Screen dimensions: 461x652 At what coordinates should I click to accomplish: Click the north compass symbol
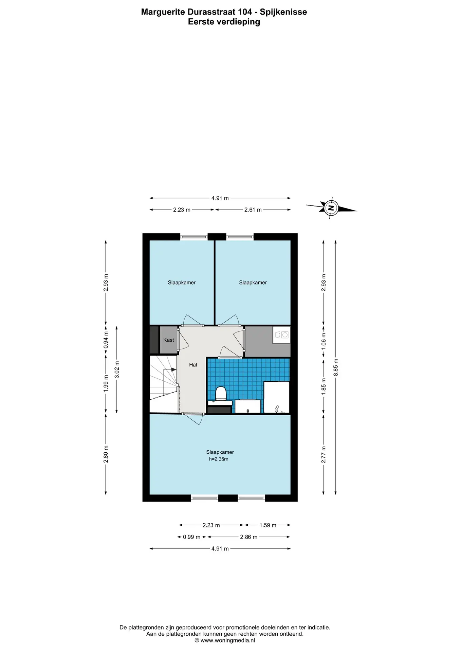tap(331, 208)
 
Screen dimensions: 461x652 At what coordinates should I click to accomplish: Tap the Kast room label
tap(168, 340)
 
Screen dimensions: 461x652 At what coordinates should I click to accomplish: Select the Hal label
tap(193, 365)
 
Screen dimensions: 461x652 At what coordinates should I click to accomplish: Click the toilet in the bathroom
tap(221, 394)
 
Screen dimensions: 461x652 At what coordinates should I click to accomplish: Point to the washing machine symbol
tap(282, 335)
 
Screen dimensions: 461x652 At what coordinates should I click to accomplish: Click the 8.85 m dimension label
tap(336, 367)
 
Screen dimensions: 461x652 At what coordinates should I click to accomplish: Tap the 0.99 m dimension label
tap(191, 537)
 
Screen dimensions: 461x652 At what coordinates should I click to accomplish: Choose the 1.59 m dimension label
tap(268, 525)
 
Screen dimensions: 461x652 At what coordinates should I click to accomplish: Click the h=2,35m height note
tap(219, 459)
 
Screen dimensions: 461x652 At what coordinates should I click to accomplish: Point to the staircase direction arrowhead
tap(174, 369)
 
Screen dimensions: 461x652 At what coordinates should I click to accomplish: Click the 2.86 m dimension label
tap(248, 537)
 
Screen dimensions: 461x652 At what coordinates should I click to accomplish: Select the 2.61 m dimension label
tap(253, 210)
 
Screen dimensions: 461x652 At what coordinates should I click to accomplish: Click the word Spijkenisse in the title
tap(283, 12)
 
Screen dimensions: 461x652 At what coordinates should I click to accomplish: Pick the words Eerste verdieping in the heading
tap(224, 22)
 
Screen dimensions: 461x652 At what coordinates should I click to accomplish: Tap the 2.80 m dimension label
tap(106, 454)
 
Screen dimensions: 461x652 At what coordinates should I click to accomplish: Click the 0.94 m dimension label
tap(106, 340)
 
